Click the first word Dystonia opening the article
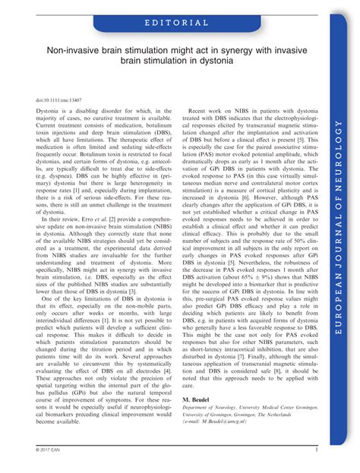pos(49,112)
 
